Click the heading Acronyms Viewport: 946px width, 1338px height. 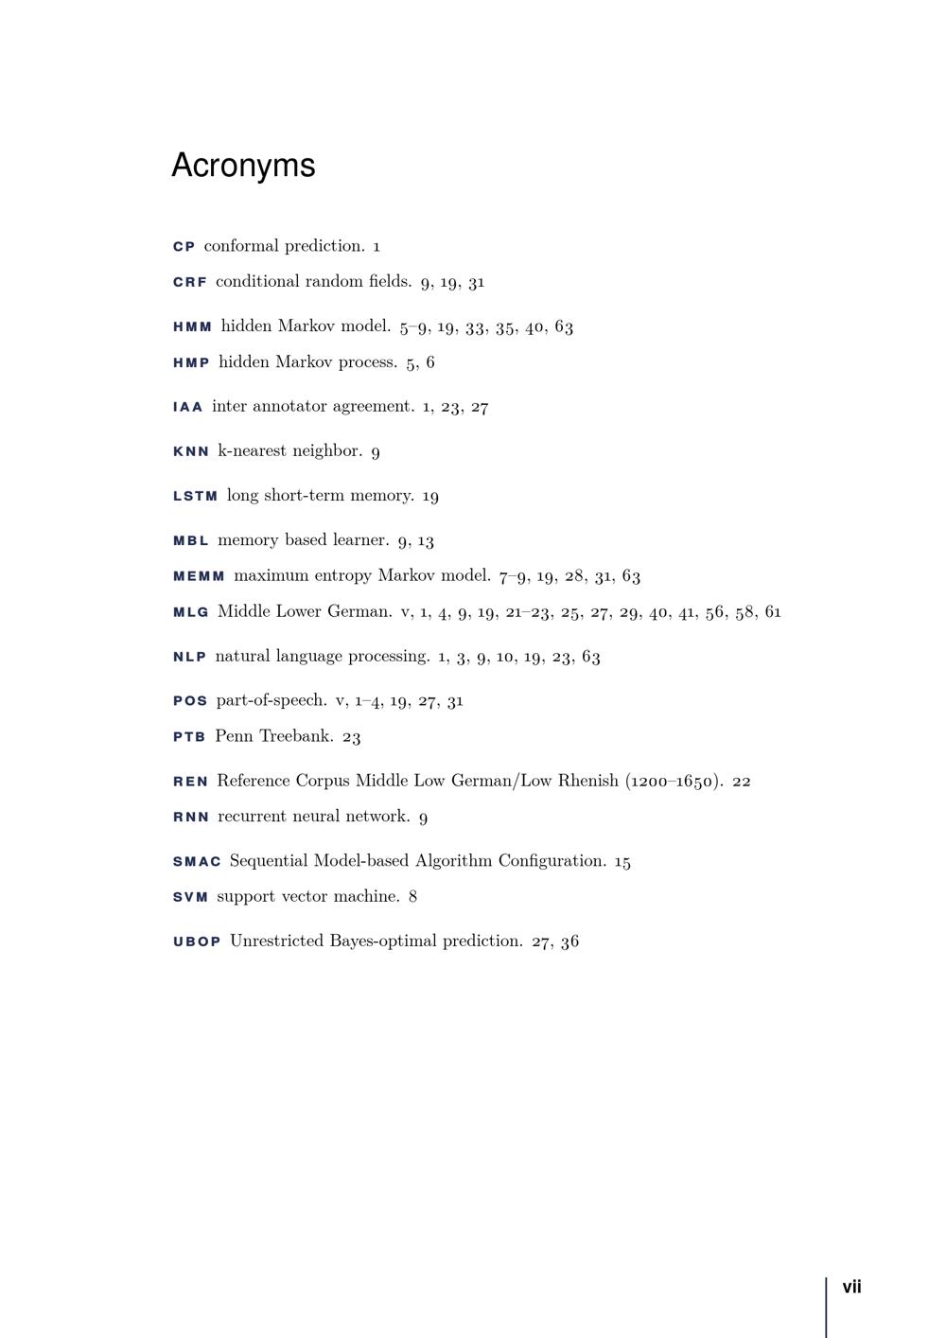pos(243,166)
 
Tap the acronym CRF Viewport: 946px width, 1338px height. pos(190,282)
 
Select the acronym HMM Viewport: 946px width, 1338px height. pos(193,327)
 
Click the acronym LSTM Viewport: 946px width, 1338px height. pos(196,496)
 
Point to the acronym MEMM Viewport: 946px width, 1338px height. pos(200,576)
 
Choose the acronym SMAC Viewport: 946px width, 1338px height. pos(197,862)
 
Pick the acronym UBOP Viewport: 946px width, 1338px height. pos(197,942)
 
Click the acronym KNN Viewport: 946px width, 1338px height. pos(191,451)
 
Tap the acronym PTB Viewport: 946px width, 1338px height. pos(189,737)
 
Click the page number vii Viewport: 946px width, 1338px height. pos(851,1287)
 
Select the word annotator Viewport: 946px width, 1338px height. pos(289,407)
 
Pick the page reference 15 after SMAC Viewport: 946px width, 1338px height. pos(622,862)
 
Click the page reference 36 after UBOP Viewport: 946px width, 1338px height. pos(569,942)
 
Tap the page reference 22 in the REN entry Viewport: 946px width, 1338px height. pos(742,782)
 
